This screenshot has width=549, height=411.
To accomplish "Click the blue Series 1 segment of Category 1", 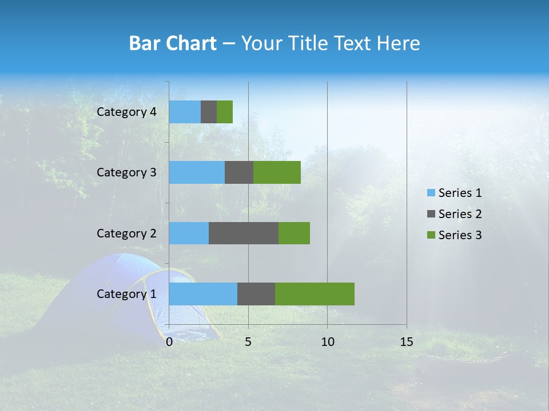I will [x=203, y=294].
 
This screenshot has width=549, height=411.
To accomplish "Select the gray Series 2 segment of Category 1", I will [x=256, y=294].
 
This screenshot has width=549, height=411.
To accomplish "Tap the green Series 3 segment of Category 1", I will [x=315, y=294].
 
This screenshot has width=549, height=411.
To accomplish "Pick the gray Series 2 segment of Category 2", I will [x=244, y=233].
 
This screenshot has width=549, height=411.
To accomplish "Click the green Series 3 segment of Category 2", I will [x=294, y=233].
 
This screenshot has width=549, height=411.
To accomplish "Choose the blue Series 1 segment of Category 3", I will [x=197, y=172].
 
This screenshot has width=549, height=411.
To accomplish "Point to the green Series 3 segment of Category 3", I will [x=277, y=172].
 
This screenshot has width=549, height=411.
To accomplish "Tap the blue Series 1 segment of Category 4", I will [x=185, y=112].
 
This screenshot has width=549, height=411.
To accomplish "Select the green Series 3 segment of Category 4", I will [x=225, y=112].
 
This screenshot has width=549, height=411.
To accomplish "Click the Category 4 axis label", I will [x=126, y=112].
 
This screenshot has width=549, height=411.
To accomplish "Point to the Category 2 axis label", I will [x=126, y=233].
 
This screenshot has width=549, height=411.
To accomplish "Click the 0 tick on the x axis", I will [x=169, y=342].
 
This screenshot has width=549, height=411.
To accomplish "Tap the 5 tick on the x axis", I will [x=248, y=342].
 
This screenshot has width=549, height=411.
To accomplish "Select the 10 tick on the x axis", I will [x=327, y=342].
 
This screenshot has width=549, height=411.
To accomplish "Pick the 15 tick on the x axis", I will [x=407, y=342].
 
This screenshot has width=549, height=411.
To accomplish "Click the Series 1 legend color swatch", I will [x=431, y=193].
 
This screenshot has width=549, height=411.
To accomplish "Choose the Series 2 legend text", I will [x=460, y=214].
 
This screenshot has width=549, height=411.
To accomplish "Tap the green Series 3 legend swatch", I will [x=431, y=235].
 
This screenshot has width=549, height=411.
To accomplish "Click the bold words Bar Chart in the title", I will [x=173, y=43].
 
